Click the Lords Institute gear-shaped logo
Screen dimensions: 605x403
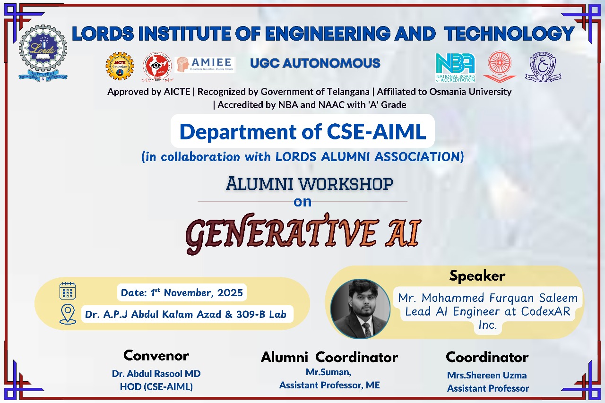click(x=43, y=53)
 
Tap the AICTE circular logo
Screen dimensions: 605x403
click(x=120, y=66)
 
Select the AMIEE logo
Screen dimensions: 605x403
click(x=205, y=65)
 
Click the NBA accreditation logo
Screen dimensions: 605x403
click(x=455, y=68)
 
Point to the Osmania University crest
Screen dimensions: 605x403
click(x=543, y=67)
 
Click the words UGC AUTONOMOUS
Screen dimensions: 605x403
click(x=315, y=63)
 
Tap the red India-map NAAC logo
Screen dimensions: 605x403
click(x=157, y=67)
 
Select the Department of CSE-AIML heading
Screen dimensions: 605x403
click(x=302, y=131)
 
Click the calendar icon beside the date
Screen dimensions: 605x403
click(x=68, y=291)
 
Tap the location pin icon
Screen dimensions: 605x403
click(x=68, y=314)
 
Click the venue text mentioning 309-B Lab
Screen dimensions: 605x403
click(x=186, y=314)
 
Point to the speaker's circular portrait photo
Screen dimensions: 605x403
click(x=360, y=309)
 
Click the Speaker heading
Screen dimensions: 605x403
click(x=477, y=276)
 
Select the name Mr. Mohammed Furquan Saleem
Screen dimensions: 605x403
click(x=488, y=298)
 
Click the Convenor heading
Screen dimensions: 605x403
click(x=156, y=355)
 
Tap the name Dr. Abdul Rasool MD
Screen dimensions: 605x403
click(x=156, y=374)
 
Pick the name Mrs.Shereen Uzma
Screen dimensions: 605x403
click(x=487, y=375)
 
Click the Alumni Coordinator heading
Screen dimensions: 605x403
click(x=329, y=357)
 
